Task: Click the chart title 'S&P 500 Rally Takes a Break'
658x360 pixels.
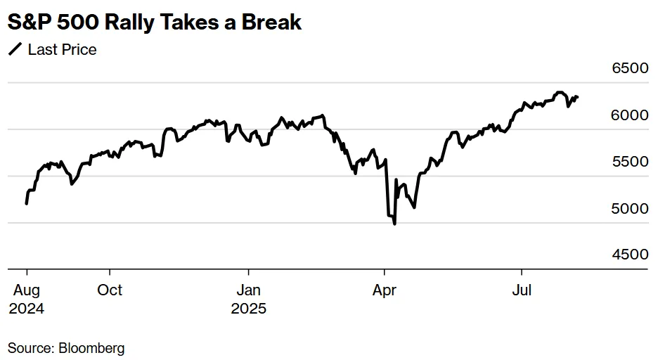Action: [155, 22]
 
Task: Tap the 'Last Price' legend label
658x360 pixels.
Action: [62, 49]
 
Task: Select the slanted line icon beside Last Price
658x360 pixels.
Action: [15, 49]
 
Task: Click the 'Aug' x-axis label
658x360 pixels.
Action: [26, 290]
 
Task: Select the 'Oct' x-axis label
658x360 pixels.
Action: [110, 290]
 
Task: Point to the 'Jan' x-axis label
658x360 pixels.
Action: [248, 290]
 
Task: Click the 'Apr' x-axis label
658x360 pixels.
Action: [384, 290]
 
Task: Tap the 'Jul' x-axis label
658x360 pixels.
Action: [521, 290]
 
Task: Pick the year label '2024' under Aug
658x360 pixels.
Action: [26, 308]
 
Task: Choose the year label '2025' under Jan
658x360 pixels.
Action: [248, 308]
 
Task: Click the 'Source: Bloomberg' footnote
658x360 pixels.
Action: [66, 347]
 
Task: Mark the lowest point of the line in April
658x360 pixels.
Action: [394, 224]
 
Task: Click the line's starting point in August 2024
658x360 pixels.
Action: [27, 203]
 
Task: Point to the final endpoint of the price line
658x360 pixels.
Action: [577, 97]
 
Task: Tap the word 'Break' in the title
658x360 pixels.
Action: [271, 22]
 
